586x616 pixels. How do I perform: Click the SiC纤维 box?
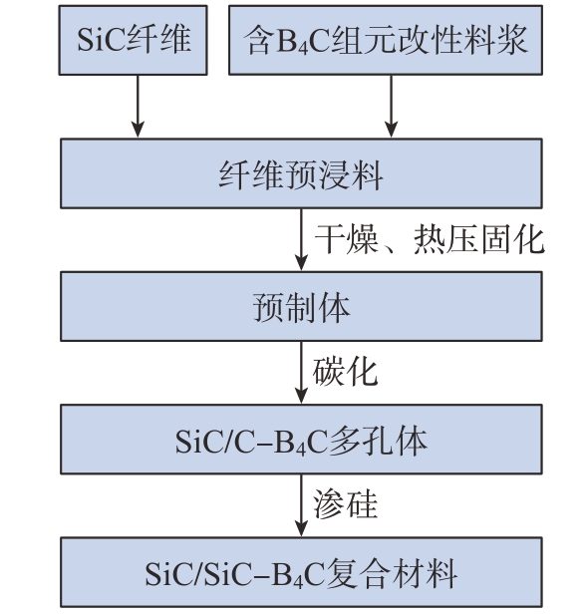133,40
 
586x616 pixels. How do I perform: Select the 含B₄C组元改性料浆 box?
386,40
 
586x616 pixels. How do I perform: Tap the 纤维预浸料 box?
301,173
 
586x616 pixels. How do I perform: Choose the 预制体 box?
301,306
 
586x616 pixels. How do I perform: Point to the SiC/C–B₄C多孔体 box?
301,440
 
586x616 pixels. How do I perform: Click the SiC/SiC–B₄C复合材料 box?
301,572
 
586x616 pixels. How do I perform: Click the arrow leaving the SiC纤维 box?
138,106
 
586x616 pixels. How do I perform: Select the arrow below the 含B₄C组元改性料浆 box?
392,106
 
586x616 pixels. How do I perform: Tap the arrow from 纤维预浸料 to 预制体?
301,239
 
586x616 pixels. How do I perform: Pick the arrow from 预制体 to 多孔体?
301,373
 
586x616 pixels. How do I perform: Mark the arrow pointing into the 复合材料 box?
301,505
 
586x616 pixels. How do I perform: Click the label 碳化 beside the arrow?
345,372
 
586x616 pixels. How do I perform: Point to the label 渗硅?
345,504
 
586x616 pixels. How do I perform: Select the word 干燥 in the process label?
347,239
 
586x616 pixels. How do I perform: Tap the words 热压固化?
478,239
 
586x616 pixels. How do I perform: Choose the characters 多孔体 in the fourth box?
378,441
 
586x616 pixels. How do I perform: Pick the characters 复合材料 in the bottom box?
392,574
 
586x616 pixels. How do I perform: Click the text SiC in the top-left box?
101,39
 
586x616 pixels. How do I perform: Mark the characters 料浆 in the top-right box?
495,40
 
